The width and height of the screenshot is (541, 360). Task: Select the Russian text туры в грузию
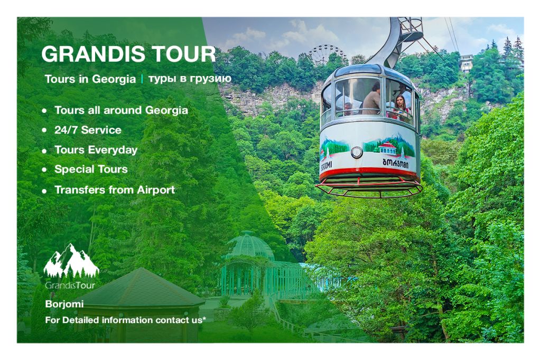click(190, 79)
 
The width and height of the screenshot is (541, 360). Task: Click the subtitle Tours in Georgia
click(90, 79)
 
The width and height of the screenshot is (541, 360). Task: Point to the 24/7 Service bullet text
click(88, 130)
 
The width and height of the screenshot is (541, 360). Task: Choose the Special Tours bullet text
click(91, 169)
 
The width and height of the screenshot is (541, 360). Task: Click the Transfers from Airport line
click(115, 190)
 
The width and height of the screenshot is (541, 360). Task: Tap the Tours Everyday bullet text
click(96, 150)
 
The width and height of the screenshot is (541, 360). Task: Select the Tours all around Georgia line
click(121, 110)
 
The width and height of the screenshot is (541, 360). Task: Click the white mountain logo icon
click(71, 261)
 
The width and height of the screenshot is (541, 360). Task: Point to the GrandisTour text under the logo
click(70, 286)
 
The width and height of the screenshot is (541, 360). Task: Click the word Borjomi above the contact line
click(64, 304)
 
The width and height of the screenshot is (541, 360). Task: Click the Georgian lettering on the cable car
click(395, 163)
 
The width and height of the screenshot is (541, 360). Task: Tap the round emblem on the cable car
click(357, 152)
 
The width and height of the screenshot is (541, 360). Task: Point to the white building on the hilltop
click(466, 63)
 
